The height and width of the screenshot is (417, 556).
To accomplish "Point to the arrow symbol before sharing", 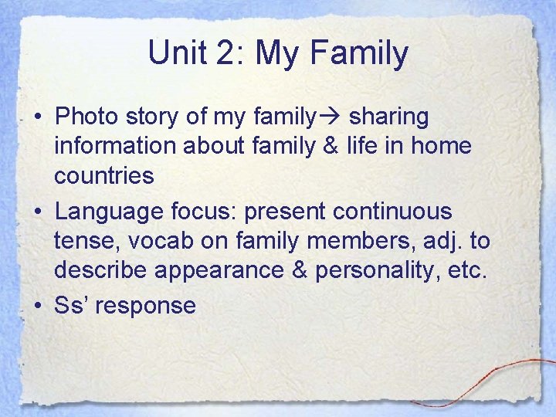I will tap(331, 117).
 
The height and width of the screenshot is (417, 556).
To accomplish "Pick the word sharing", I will tap(388, 117).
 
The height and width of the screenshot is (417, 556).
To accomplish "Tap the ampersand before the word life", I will tap(328, 146).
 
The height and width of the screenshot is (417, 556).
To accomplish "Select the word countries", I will tap(103, 175).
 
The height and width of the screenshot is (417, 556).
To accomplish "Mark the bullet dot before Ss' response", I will tap(37, 306).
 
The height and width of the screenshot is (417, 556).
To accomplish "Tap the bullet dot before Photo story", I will tap(37, 117).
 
